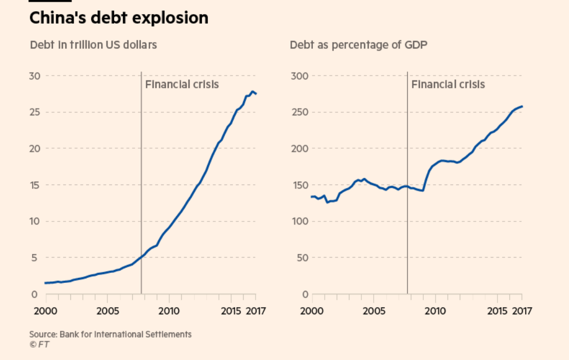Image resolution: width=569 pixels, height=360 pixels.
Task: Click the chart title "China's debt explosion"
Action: (118, 18)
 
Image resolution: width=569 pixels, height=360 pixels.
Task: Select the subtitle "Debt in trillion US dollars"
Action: (93, 44)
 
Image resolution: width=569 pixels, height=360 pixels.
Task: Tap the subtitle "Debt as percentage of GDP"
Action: (358, 44)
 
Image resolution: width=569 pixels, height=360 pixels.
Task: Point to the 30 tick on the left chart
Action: (34, 76)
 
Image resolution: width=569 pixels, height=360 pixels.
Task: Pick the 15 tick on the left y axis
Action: (34, 185)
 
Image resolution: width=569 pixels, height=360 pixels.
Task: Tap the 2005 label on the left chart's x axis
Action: (107, 310)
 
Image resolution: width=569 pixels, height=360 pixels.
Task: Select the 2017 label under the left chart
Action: (256, 310)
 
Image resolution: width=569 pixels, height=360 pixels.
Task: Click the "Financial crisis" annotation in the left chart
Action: (182, 84)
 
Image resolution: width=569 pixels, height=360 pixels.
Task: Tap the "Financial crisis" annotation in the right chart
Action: (448, 84)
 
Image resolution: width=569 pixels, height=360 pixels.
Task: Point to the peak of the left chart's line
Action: (253, 91)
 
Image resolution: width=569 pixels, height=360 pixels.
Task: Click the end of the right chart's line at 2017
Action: (522, 106)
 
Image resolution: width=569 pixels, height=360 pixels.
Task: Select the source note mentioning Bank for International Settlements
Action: (110, 334)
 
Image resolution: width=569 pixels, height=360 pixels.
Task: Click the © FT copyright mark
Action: (39, 344)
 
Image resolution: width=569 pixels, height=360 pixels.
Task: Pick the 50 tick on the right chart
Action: (303, 258)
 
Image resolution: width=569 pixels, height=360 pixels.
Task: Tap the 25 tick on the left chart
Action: (34, 112)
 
